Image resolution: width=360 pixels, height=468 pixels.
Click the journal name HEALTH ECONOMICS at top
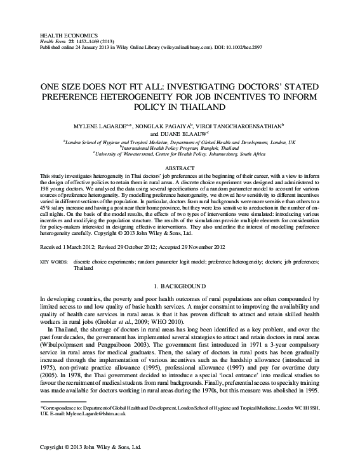(x=62, y=30)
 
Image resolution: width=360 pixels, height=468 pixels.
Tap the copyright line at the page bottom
(x=90, y=448)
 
